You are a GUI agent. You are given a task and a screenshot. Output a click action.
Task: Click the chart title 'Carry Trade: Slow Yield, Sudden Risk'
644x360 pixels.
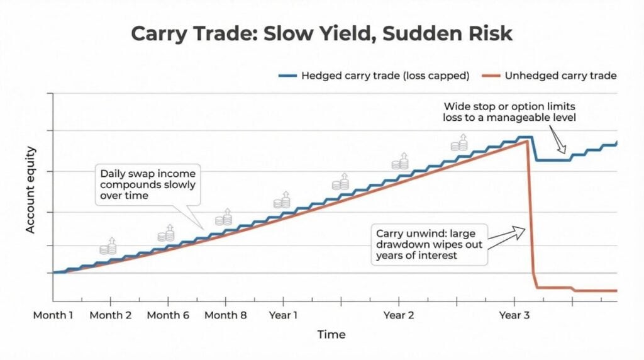[x=321, y=33]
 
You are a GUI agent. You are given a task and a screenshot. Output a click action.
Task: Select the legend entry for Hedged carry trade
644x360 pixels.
[x=375, y=76]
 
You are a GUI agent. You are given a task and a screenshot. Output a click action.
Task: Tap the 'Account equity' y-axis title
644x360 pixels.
[x=30, y=190]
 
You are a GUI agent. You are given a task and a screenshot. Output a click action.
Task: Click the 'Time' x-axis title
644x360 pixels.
[x=331, y=334]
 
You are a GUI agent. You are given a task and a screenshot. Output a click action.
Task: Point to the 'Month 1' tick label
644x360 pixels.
[x=53, y=315]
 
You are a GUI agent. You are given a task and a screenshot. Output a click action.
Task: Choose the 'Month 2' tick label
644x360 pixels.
[x=110, y=315]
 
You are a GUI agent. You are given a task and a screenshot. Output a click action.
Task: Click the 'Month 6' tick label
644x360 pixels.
[x=167, y=315]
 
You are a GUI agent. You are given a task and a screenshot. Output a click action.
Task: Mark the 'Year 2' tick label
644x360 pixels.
[x=398, y=315]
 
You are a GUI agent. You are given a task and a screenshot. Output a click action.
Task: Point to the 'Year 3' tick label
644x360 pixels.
[x=514, y=315]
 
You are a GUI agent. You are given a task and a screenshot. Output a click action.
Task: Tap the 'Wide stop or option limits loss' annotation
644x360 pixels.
[x=509, y=111]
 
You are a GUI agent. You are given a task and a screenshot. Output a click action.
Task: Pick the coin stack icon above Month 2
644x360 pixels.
[x=108, y=246]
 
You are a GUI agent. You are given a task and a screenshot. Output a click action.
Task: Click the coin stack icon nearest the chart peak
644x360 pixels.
[x=459, y=143]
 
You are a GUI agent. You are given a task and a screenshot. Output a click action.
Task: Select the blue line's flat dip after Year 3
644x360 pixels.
[x=552, y=160]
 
